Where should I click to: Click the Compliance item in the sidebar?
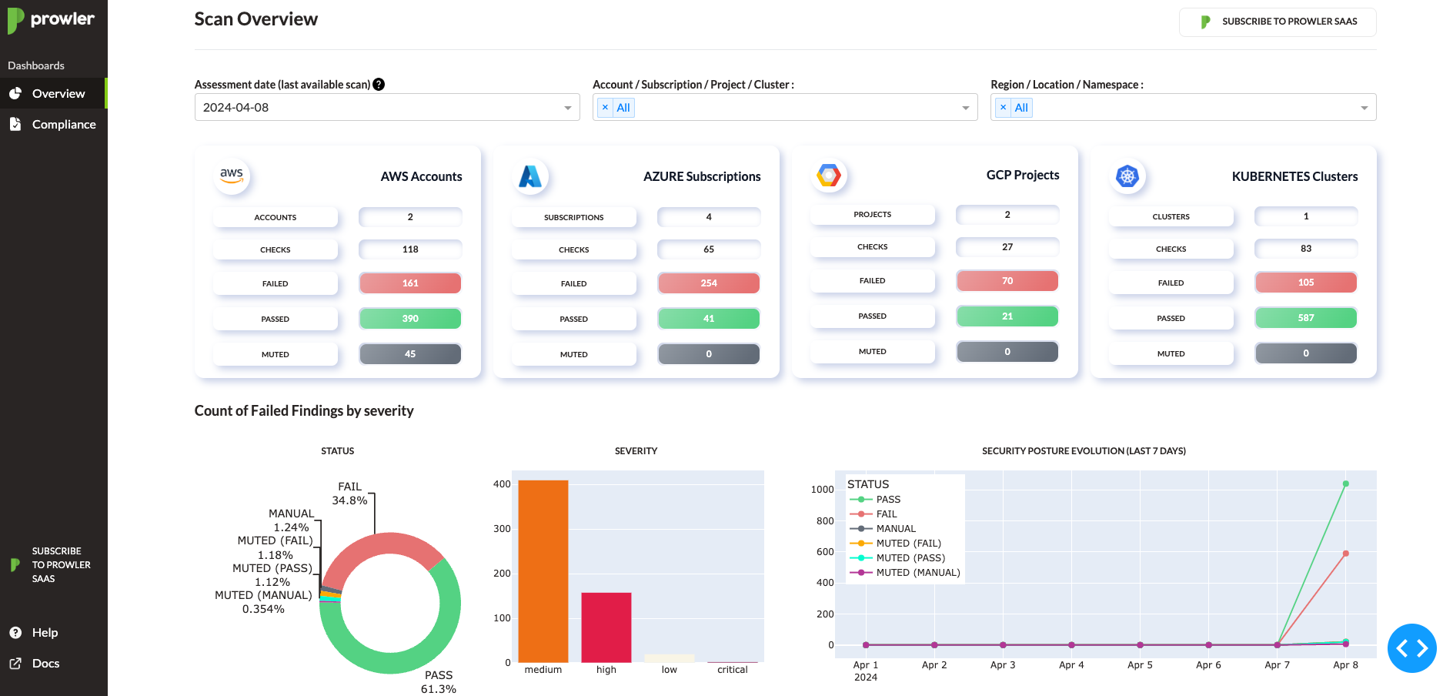pyautogui.click(x=63, y=124)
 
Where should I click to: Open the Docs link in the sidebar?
pyautogui.click(x=45, y=663)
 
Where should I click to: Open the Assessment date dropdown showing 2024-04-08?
pyautogui.click(x=386, y=108)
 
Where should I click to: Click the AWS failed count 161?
pyautogui.click(x=410, y=283)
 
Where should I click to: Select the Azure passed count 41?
pyautogui.click(x=709, y=319)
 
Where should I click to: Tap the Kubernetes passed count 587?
pyautogui.click(x=1306, y=318)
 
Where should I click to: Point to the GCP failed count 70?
pyautogui.click(x=1007, y=281)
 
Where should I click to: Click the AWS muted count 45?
pyautogui.click(x=410, y=354)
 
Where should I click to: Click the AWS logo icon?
pyautogui.click(x=232, y=176)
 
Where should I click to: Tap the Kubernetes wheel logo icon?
pyautogui.click(x=1127, y=176)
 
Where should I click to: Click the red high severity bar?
pyautogui.click(x=606, y=627)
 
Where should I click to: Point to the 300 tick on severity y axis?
pyautogui.click(x=502, y=529)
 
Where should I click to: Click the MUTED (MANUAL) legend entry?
pyautogui.click(x=917, y=573)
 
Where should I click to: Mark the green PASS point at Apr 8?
pyautogui.click(x=1345, y=484)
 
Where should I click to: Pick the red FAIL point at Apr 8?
pyautogui.click(x=1345, y=554)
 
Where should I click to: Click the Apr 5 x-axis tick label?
pyautogui.click(x=1140, y=665)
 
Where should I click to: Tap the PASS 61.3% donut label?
pyautogui.click(x=439, y=682)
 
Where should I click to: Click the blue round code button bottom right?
pyautogui.click(x=1411, y=648)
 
